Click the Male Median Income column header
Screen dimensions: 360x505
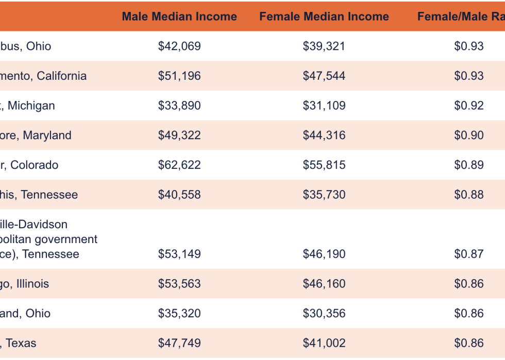pos(179,16)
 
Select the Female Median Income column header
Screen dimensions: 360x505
pos(324,16)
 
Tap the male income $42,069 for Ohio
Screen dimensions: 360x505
pos(179,46)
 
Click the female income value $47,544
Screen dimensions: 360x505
pos(324,76)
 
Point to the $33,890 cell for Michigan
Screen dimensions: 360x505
pos(179,106)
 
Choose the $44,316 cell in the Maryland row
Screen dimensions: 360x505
pos(324,135)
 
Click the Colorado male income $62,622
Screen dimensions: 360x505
pos(179,165)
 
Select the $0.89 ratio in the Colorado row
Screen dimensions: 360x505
pos(469,165)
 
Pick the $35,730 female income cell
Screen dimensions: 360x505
pos(324,195)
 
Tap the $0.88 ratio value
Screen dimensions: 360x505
pos(469,195)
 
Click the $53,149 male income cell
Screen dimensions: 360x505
pos(179,254)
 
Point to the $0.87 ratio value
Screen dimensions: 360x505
pos(469,254)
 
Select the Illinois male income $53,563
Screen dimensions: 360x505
pos(179,284)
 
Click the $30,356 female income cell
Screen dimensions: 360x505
pos(324,314)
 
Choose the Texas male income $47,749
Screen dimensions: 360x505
pos(179,343)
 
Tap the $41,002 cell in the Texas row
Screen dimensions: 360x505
pos(324,343)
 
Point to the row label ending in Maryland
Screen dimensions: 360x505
pos(36,135)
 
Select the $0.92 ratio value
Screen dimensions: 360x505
pos(469,106)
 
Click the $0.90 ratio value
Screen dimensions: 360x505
pos(469,135)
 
